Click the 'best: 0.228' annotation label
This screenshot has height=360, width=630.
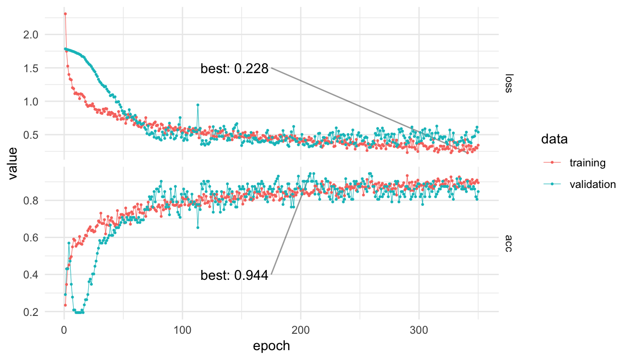pos(234,69)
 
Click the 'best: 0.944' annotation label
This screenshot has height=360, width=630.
pos(234,276)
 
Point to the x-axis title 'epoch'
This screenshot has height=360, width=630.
pos(271,346)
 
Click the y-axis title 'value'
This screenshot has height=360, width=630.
pos(13,163)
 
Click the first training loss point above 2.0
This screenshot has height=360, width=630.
pos(65,14)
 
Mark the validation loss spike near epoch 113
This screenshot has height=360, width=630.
pos(198,105)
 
